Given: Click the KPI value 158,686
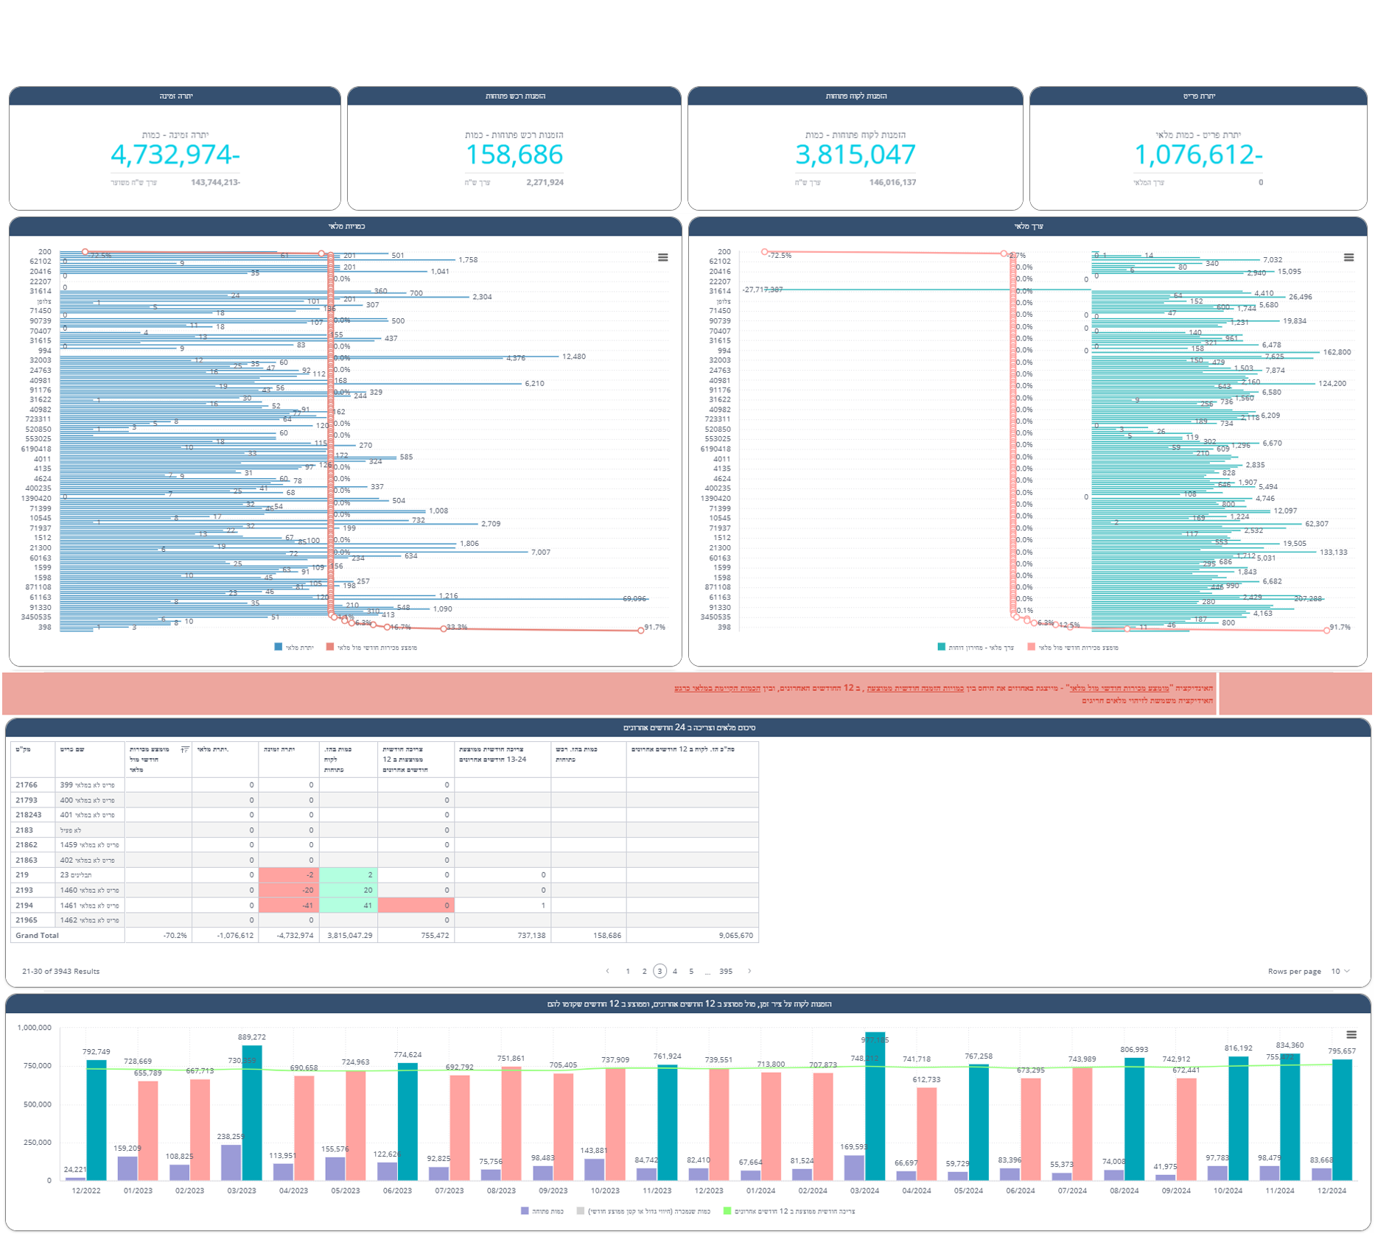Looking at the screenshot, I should (514, 155).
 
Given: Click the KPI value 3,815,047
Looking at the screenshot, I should (855, 155).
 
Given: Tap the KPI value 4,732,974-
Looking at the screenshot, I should (175, 155).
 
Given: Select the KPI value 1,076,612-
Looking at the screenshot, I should (1197, 155).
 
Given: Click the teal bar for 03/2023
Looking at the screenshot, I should (252, 1112).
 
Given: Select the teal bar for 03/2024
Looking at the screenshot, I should (875, 1105).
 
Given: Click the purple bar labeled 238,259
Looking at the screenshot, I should (231, 1162).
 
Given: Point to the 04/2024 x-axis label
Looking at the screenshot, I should (917, 1191).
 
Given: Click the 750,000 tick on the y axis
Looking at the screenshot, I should (35, 1066).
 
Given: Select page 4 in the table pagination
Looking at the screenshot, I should (675, 971).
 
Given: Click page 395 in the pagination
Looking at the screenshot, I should (726, 971).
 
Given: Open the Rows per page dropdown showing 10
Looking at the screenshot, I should (1340, 971).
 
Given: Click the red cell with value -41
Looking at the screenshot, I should (288, 905).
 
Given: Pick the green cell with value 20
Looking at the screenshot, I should (349, 890).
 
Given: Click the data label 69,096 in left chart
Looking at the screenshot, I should (634, 599).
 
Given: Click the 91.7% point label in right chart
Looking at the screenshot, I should (1340, 627).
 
